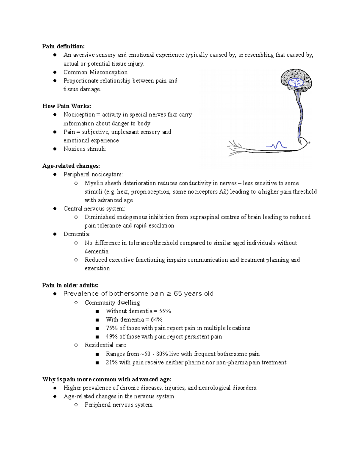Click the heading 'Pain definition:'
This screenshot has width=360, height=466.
pos(63,46)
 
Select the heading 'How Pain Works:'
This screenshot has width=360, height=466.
pos(67,106)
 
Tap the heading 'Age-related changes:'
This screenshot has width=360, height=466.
pos(71,166)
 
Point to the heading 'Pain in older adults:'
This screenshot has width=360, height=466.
pos(70,285)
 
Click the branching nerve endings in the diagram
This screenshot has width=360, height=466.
pos(235,149)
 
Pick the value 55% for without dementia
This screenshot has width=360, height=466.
pos(165,311)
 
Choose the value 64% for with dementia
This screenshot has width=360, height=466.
pos(157,320)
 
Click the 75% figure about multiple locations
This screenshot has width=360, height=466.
pos(112,328)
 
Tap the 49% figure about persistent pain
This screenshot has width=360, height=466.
pos(112,337)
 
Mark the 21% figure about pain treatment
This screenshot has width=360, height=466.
pos(112,362)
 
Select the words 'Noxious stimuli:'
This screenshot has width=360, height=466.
pos(85,149)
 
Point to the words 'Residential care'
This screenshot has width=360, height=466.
pos(105,345)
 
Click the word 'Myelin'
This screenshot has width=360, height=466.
pos(94,183)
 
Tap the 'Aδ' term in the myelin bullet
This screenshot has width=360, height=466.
pos(222,192)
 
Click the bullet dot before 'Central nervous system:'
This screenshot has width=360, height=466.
pos(55,209)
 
